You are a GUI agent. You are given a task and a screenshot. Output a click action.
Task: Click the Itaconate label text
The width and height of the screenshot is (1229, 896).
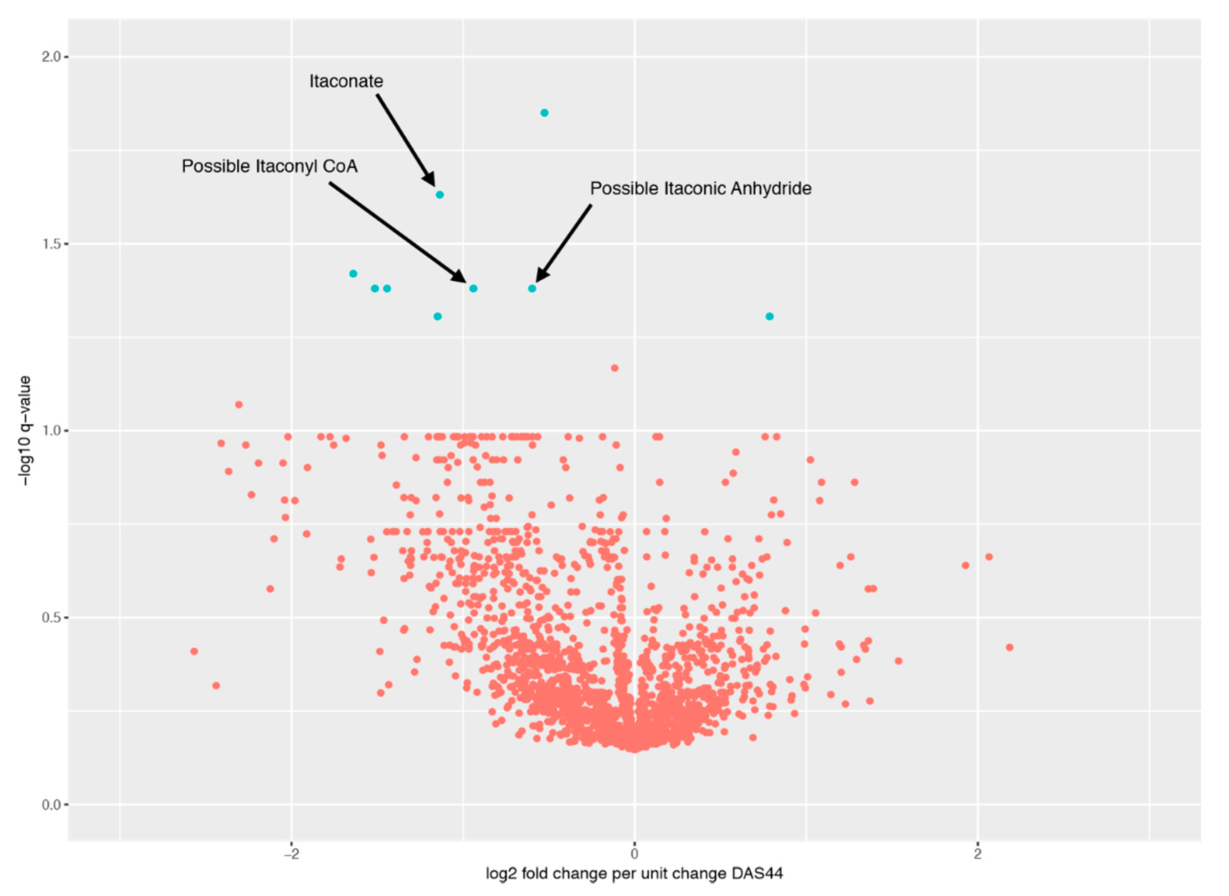coord(346,81)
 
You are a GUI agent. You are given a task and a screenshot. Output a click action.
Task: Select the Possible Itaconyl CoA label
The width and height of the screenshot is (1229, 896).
coord(270,166)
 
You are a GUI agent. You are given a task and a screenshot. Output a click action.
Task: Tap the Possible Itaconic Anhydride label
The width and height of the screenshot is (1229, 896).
coord(700,189)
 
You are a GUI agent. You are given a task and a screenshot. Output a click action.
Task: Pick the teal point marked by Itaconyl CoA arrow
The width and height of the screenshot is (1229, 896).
coord(473,289)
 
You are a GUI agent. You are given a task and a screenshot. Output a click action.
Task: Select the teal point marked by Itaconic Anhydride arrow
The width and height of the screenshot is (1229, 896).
coord(532,289)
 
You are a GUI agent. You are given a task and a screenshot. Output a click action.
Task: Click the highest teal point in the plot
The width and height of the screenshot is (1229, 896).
coord(544,113)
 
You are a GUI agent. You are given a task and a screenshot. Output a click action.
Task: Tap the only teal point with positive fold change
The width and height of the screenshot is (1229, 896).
coord(770,317)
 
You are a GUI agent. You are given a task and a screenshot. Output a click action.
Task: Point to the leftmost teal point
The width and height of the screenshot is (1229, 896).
coord(353,274)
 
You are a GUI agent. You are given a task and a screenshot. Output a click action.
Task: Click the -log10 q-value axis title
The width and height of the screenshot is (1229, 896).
coord(25,431)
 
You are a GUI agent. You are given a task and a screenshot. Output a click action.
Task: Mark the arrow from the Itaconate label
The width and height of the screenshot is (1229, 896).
coord(406,140)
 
